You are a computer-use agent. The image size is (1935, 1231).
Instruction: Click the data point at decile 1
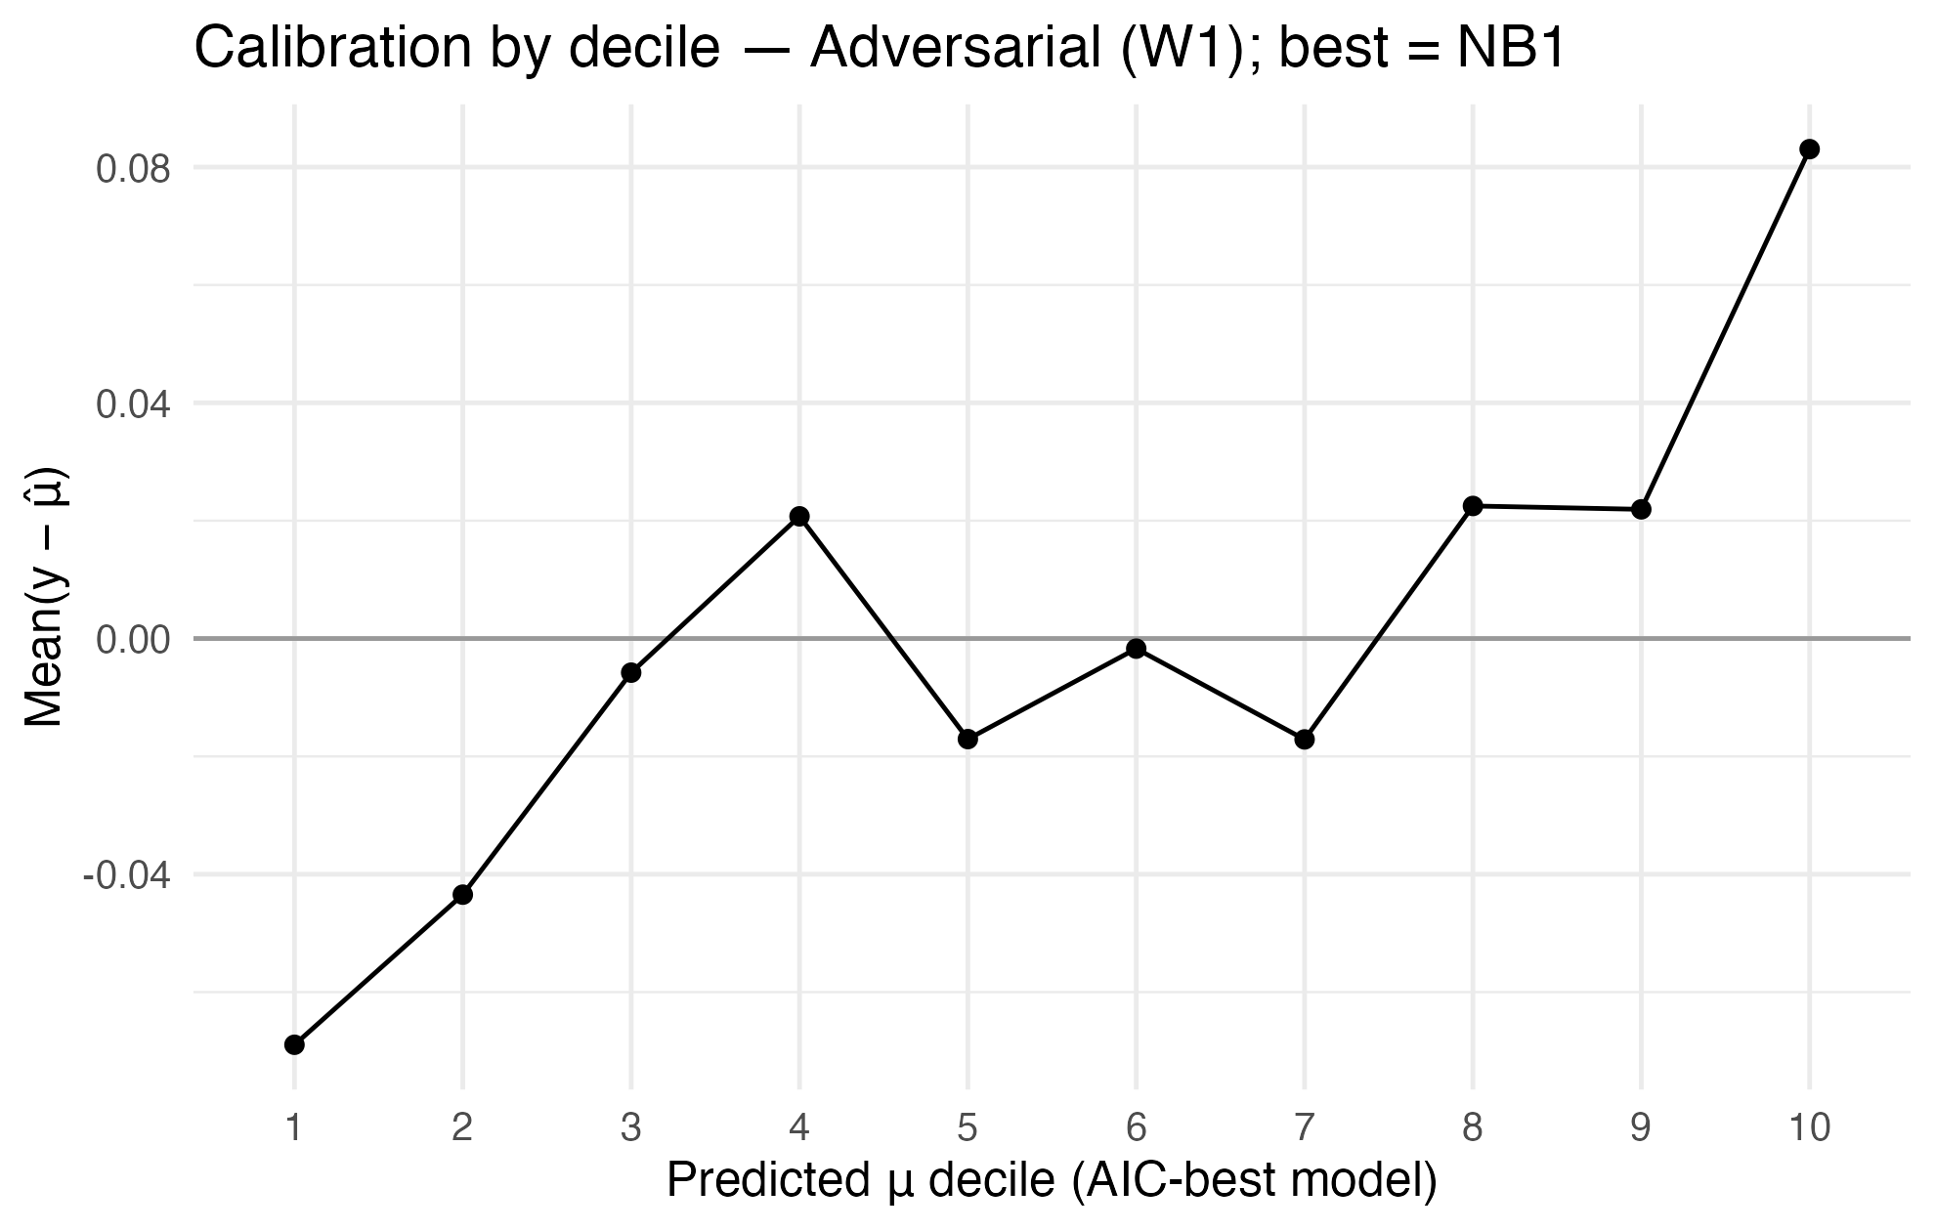tap(294, 1044)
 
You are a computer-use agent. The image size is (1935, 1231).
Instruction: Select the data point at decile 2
tap(462, 894)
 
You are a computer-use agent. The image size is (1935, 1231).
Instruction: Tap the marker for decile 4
tap(799, 516)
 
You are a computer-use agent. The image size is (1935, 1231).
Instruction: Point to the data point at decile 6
tap(1136, 649)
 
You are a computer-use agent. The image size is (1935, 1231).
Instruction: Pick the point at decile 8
tap(1473, 505)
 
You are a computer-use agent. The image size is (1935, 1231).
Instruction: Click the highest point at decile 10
tap(1809, 149)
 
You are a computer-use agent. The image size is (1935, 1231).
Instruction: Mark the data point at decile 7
tap(1304, 740)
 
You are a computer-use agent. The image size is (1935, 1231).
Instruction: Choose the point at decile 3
tap(630, 672)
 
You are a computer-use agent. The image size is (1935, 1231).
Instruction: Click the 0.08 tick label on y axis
tap(132, 168)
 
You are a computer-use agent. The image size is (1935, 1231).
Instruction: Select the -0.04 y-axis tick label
tap(126, 874)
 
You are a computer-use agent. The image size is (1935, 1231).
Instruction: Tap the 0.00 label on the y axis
tap(132, 639)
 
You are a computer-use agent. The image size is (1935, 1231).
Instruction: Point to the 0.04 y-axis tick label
tap(132, 403)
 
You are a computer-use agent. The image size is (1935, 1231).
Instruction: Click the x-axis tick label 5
tap(967, 1128)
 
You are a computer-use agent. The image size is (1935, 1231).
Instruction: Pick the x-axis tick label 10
tap(1809, 1128)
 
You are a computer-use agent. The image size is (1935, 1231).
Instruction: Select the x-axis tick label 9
tap(1641, 1128)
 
